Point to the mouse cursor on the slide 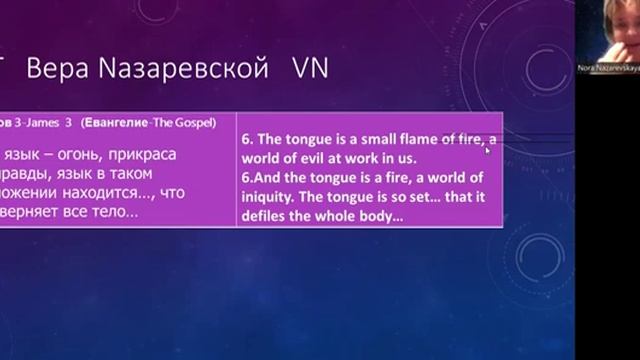[x=487, y=150]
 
